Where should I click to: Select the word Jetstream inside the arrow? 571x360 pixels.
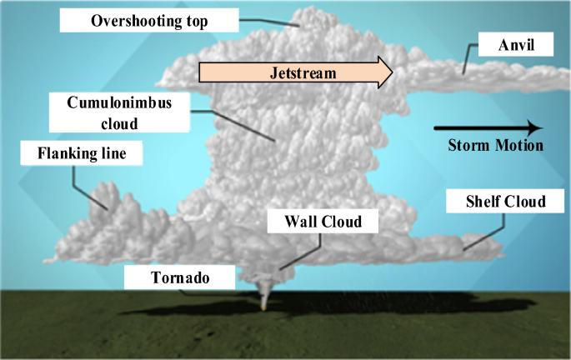303,72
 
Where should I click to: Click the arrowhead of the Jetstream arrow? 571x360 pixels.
384,72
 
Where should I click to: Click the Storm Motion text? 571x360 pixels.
495,145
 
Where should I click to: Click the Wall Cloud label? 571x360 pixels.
323,222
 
